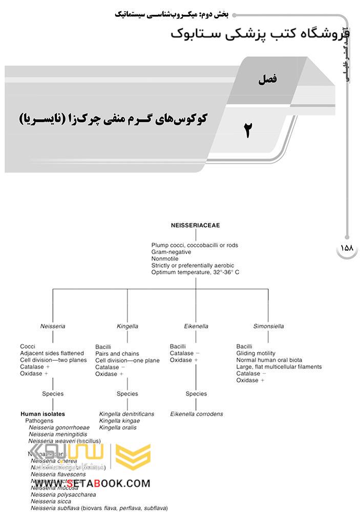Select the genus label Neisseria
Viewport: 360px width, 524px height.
click(53, 326)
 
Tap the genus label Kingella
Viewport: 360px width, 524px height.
click(127, 326)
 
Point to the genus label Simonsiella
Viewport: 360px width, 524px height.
click(268, 326)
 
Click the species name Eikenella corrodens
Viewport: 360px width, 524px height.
click(197, 414)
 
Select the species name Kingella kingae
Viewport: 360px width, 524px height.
click(118, 421)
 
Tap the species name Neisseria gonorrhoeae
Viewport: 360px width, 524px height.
click(59, 427)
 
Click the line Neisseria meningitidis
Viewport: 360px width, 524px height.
click(58, 434)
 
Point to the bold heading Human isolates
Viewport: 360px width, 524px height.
click(43, 414)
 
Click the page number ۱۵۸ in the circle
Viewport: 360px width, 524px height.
click(347, 248)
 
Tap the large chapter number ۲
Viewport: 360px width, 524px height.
click(247, 130)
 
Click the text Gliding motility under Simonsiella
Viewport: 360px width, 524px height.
click(256, 353)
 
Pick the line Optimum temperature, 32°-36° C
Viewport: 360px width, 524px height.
click(195, 272)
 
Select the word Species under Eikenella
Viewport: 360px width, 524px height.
click(196, 394)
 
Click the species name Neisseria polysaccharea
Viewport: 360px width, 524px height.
click(63, 495)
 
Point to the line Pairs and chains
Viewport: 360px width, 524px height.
click(117, 354)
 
